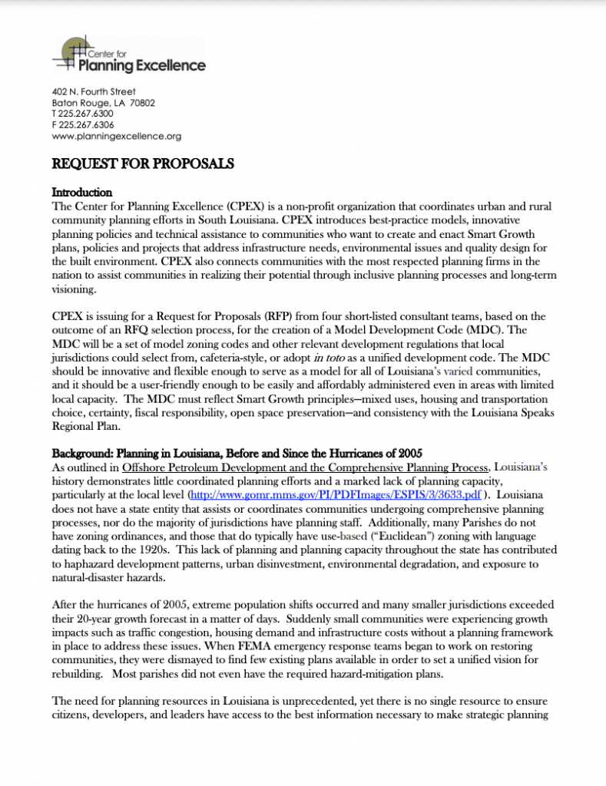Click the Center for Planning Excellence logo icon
click(x=71, y=53)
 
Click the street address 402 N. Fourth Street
click(x=94, y=91)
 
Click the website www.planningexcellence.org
click(x=116, y=136)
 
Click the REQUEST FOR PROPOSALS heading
click(x=142, y=163)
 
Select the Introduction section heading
click(x=82, y=192)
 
